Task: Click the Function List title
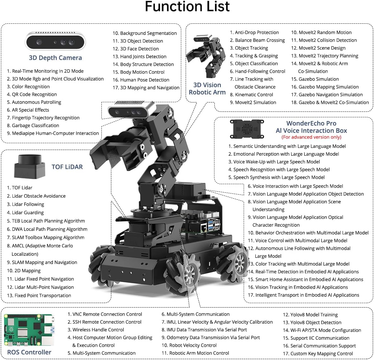coord(187,7)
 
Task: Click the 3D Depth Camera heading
coord(55,58)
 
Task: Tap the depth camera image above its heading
coord(55,42)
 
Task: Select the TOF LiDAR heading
coord(67,167)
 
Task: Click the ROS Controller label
coord(29,352)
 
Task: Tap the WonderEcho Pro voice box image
coord(247,129)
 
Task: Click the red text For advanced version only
coord(311,137)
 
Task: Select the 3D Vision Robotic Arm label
coord(207,89)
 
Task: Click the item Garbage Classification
coord(35,125)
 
